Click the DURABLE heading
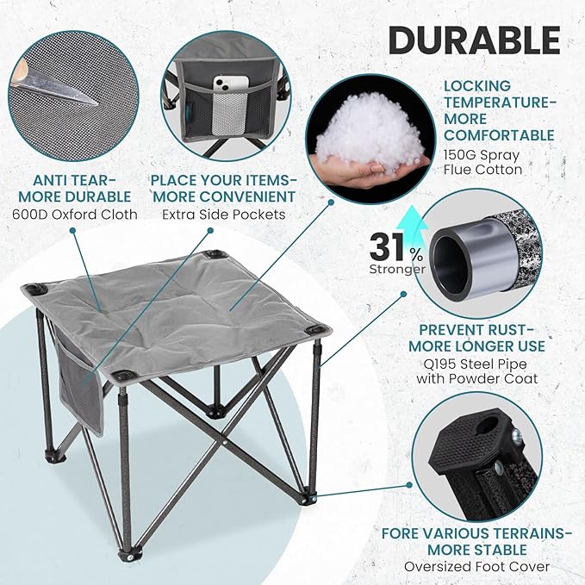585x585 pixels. pos(473,40)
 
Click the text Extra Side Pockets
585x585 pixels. pos(223,214)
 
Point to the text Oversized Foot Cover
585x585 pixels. pos(476,566)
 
